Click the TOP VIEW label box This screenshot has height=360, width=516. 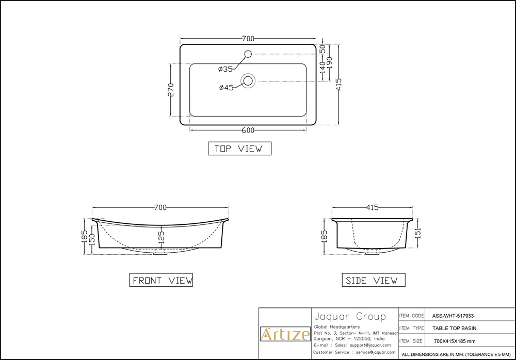click(x=239, y=149)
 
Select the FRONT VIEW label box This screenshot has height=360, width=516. click(x=161, y=280)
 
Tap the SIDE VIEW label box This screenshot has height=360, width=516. click(x=374, y=280)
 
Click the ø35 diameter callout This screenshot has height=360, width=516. click(x=225, y=69)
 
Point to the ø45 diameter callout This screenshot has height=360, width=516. click(x=227, y=88)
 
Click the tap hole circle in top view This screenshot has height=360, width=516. click(x=248, y=54)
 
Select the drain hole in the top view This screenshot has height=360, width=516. click(x=248, y=80)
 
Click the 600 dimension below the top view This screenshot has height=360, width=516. click(x=248, y=130)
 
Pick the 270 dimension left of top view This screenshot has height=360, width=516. click(x=171, y=90)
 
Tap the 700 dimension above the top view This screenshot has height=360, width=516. click(x=248, y=39)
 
